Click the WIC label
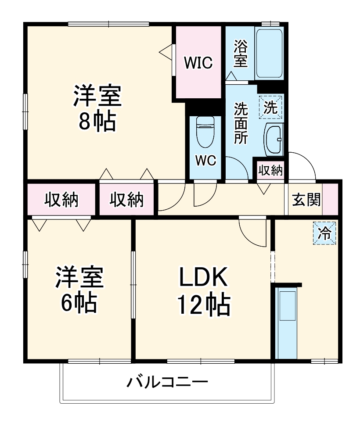pos(198,63)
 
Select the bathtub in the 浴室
pos(269,54)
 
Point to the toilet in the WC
pos(205,132)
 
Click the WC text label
pos(205,161)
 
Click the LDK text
pos(202,278)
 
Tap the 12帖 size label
pos(202,304)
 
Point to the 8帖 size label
pos(97,122)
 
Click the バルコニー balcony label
pos(167,382)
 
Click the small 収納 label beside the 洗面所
pos(270,170)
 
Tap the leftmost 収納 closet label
pos(61,200)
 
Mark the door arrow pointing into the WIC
pos(166,52)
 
